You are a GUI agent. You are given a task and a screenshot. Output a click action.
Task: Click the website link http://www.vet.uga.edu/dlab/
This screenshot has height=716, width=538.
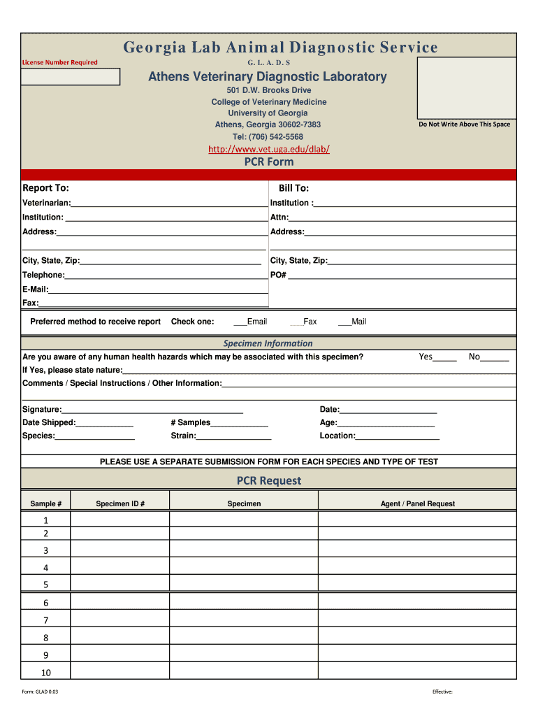[269, 149]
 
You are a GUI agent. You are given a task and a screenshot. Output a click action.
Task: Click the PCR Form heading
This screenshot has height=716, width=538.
[269, 162]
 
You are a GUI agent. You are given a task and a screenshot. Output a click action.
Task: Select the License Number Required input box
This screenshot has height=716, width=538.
[70, 77]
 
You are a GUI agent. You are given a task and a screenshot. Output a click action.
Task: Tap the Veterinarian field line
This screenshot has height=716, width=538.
[168, 203]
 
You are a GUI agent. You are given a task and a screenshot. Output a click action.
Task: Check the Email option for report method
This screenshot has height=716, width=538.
[240, 322]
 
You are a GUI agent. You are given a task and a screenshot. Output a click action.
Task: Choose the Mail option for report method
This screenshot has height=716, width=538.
[344, 322]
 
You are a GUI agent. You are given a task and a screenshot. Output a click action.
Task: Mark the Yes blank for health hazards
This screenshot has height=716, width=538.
[445, 357]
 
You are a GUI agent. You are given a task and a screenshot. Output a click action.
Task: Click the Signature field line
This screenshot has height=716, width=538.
[152, 409]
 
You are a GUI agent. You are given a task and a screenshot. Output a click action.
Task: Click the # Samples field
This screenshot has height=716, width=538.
[239, 422]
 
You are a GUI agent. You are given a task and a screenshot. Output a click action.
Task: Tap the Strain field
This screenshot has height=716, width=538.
[233, 436]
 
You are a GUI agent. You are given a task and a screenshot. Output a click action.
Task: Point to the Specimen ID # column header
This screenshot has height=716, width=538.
[120, 503]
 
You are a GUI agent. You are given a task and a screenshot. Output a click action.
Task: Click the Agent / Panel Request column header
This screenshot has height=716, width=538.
[417, 503]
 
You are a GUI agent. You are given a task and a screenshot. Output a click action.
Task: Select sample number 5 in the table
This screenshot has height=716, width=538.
[46, 585]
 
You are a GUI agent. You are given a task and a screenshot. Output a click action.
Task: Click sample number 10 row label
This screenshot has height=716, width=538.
[46, 673]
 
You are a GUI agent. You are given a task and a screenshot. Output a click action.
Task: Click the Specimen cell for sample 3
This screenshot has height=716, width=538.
[244, 550]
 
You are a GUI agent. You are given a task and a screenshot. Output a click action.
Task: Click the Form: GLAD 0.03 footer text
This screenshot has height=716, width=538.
[41, 692]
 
